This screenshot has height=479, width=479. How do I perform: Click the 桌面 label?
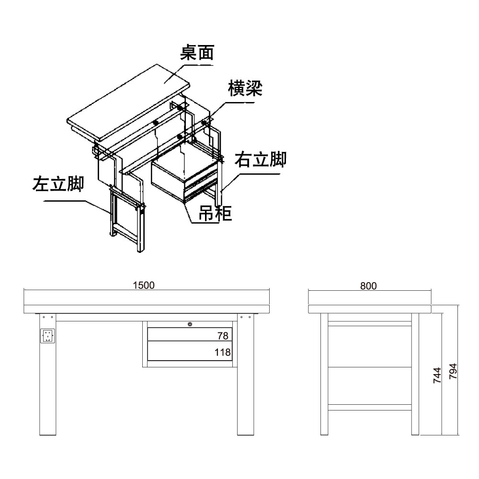click(x=197, y=53)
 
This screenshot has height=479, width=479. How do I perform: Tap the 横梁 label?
click(x=245, y=88)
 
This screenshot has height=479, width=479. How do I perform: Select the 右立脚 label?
click(x=260, y=159)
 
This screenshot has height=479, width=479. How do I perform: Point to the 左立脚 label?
click(x=58, y=184)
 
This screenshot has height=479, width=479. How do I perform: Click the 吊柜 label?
click(x=215, y=213)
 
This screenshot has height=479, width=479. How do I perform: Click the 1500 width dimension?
click(x=144, y=285)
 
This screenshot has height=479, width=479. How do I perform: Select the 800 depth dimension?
click(x=368, y=286)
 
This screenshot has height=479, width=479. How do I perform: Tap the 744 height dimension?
click(x=437, y=376)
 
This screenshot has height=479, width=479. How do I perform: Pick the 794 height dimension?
click(x=453, y=371)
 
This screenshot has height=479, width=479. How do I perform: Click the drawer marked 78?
click(x=190, y=334)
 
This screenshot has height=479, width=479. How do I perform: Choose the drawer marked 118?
click(x=190, y=351)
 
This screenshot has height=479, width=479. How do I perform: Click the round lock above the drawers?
click(x=190, y=324)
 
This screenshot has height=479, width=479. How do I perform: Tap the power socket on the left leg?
click(x=47, y=336)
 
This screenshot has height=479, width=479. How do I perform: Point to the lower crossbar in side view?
click(x=369, y=407)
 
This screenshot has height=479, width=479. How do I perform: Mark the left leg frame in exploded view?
click(x=127, y=219)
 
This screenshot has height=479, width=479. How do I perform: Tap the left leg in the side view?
click(x=324, y=374)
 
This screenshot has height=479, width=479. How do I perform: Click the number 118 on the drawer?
click(x=222, y=352)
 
